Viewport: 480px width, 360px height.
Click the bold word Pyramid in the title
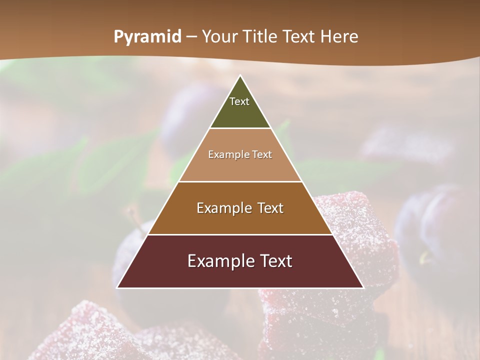click(147, 37)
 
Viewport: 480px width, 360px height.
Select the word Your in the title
click(219, 37)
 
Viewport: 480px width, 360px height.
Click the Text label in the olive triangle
click(239, 101)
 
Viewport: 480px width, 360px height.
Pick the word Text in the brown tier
click(270, 208)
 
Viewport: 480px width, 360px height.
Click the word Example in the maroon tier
click(218, 261)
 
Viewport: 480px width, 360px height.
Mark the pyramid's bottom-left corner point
click(117, 288)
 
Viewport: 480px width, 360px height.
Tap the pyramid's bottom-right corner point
click(363, 288)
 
